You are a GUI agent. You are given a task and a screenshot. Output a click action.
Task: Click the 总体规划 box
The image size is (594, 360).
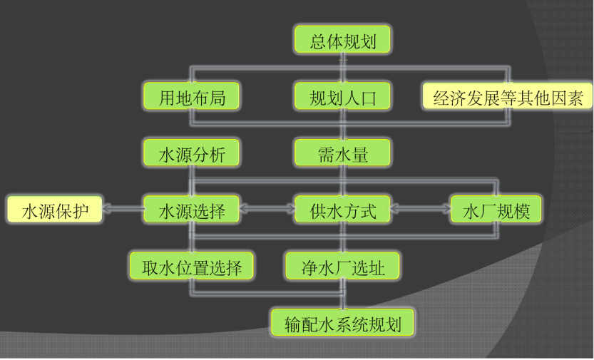click(x=343, y=40)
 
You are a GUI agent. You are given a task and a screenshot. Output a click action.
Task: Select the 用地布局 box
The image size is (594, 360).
click(x=191, y=96)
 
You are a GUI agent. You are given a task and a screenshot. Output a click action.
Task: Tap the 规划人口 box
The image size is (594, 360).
click(x=343, y=96)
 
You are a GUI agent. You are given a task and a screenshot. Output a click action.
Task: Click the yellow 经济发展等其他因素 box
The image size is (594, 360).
click(x=508, y=97)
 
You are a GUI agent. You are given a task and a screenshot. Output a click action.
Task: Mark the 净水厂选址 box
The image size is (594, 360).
click(x=343, y=267)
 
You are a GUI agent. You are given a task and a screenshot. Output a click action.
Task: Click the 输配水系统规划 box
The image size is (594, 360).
click(x=343, y=323)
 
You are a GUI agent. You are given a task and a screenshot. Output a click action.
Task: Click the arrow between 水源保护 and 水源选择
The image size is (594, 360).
click(x=123, y=210)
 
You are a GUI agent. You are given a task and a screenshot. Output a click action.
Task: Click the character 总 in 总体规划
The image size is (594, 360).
click(x=318, y=40)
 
